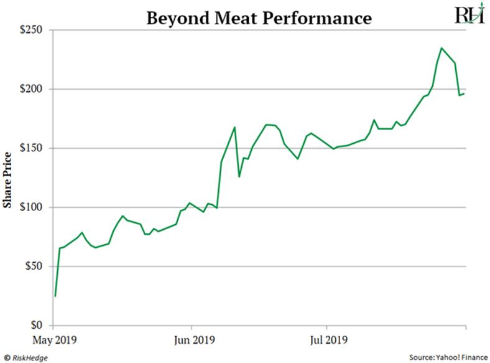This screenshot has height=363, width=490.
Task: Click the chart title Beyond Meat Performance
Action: [259, 17]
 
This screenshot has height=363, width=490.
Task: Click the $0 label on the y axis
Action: [38, 325]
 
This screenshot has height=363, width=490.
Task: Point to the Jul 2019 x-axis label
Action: [327, 341]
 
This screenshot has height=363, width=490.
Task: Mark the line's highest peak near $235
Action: [441, 48]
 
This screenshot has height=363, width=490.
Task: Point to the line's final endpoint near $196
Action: [465, 93]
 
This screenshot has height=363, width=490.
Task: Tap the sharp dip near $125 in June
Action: [239, 177]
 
